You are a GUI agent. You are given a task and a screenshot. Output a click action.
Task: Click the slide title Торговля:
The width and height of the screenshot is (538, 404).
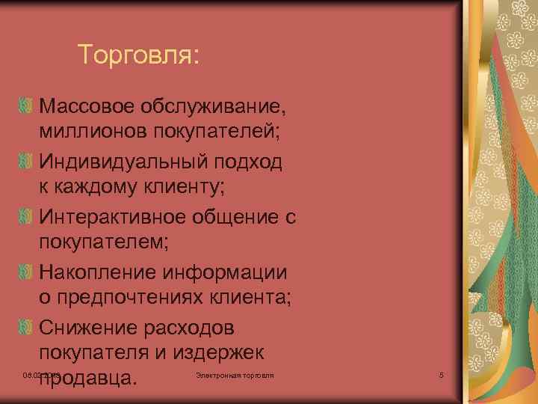(139, 54)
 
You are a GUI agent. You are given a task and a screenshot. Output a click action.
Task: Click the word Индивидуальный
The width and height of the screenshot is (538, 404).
(126, 163)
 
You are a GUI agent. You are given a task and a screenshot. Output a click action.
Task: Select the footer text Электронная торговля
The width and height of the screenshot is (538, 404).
(234, 373)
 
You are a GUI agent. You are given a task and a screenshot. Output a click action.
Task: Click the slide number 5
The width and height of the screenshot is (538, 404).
(442, 374)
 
